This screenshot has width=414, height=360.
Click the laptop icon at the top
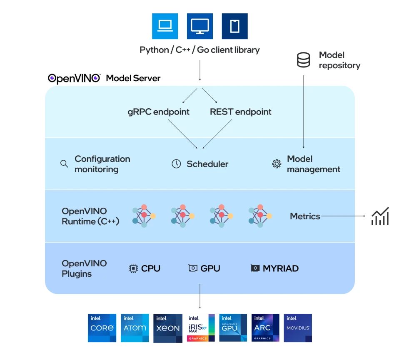click(165, 26)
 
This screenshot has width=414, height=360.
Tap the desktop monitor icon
click(200, 26)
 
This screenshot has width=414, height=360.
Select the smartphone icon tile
click(235, 26)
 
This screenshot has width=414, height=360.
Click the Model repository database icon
click(303, 60)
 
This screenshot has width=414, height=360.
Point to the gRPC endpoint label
click(158, 112)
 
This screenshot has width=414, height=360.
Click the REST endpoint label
click(240, 112)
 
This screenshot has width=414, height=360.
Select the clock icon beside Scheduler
click(176, 164)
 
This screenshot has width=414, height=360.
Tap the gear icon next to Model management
click(277, 164)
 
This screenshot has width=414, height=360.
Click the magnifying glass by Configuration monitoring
click(64, 164)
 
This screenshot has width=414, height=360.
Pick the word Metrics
click(305, 216)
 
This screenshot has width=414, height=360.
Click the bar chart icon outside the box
click(380, 216)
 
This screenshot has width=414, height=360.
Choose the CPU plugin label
click(150, 268)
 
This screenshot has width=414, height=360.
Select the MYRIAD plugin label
click(280, 268)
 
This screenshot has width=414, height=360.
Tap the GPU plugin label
click(210, 268)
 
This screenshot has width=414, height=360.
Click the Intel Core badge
click(102, 328)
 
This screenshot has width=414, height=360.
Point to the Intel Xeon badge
click(168, 328)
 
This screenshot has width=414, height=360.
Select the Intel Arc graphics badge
click(266, 328)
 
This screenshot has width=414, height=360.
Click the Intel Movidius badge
click(298, 328)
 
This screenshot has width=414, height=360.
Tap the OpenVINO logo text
click(74, 78)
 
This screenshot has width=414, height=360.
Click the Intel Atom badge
click(135, 328)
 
